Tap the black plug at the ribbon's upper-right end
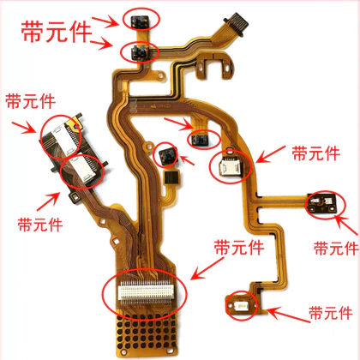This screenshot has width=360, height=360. (x=236, y=24)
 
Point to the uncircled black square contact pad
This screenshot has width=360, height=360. (x=171, y=177)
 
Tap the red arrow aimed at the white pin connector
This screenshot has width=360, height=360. (x=207, y=268)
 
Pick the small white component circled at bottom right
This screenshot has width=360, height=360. (x=241, y=307)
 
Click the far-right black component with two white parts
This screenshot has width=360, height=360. (x=322, y=203)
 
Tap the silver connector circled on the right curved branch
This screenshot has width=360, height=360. (x=229, y=166)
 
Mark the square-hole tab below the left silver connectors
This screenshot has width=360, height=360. (x=75, y=196)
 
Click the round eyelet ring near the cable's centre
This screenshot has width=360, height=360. (x=148, y=147)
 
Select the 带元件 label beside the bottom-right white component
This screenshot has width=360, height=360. (x=331, y=313)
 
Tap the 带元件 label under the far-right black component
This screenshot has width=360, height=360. (x=336, y=248)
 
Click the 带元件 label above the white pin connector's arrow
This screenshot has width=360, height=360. (x=239, y=247)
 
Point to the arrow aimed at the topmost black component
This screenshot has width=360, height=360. (x=105, y=21)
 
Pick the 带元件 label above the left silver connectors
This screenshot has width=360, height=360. (x=30, y=101)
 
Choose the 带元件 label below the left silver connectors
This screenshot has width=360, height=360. (x=40, y=225)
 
